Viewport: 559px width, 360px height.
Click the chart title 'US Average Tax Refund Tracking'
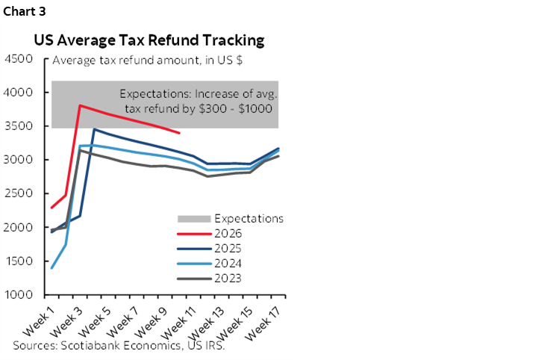tap(149, 40)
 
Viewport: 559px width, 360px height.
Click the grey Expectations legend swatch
tap(193, 219)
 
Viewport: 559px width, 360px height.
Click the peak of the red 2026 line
tap(80, 105)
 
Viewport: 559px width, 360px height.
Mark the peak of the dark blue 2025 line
tap(94, 129)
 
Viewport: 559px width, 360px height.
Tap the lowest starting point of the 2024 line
tap(51, 267)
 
